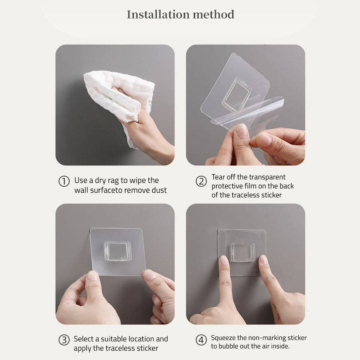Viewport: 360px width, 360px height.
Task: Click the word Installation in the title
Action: tap(158, 14)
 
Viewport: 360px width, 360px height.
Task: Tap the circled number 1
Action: tap(64, 181)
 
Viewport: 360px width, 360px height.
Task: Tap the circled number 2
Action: tap(201, 181)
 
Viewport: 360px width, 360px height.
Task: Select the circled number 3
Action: tap(64, 340)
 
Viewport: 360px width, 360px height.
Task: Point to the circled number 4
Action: tap(201, 340)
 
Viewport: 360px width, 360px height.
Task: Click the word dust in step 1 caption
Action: tap(159, 190)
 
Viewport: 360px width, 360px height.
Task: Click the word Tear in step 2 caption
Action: tap(218, 177)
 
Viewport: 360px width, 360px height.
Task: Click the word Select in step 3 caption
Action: tap(84, 339)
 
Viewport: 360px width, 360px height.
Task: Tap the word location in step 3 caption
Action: tap(141, 339)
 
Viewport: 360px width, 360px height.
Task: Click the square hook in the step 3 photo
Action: tap(116, 251)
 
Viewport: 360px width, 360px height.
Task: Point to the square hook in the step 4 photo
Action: tap(243, 252)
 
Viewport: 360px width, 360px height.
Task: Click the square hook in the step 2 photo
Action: tap(236, 95)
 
